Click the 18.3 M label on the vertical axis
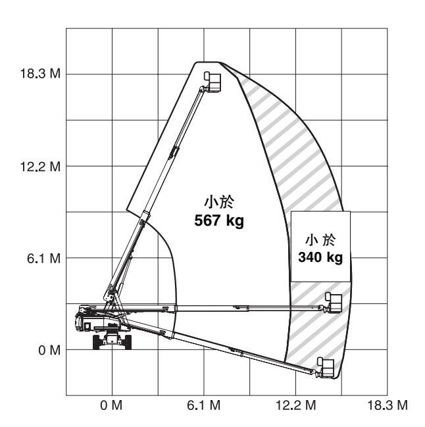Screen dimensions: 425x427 40,74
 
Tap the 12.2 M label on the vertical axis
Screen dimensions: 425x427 40,166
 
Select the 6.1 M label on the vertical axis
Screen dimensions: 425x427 43,258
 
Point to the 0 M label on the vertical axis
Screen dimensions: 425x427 49,350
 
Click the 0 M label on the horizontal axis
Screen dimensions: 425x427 111,405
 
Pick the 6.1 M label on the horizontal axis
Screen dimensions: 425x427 204,405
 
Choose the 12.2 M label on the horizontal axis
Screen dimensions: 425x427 296,405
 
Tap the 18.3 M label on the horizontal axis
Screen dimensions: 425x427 387,405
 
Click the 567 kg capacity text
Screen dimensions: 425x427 219,220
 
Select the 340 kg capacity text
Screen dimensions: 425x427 320,257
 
